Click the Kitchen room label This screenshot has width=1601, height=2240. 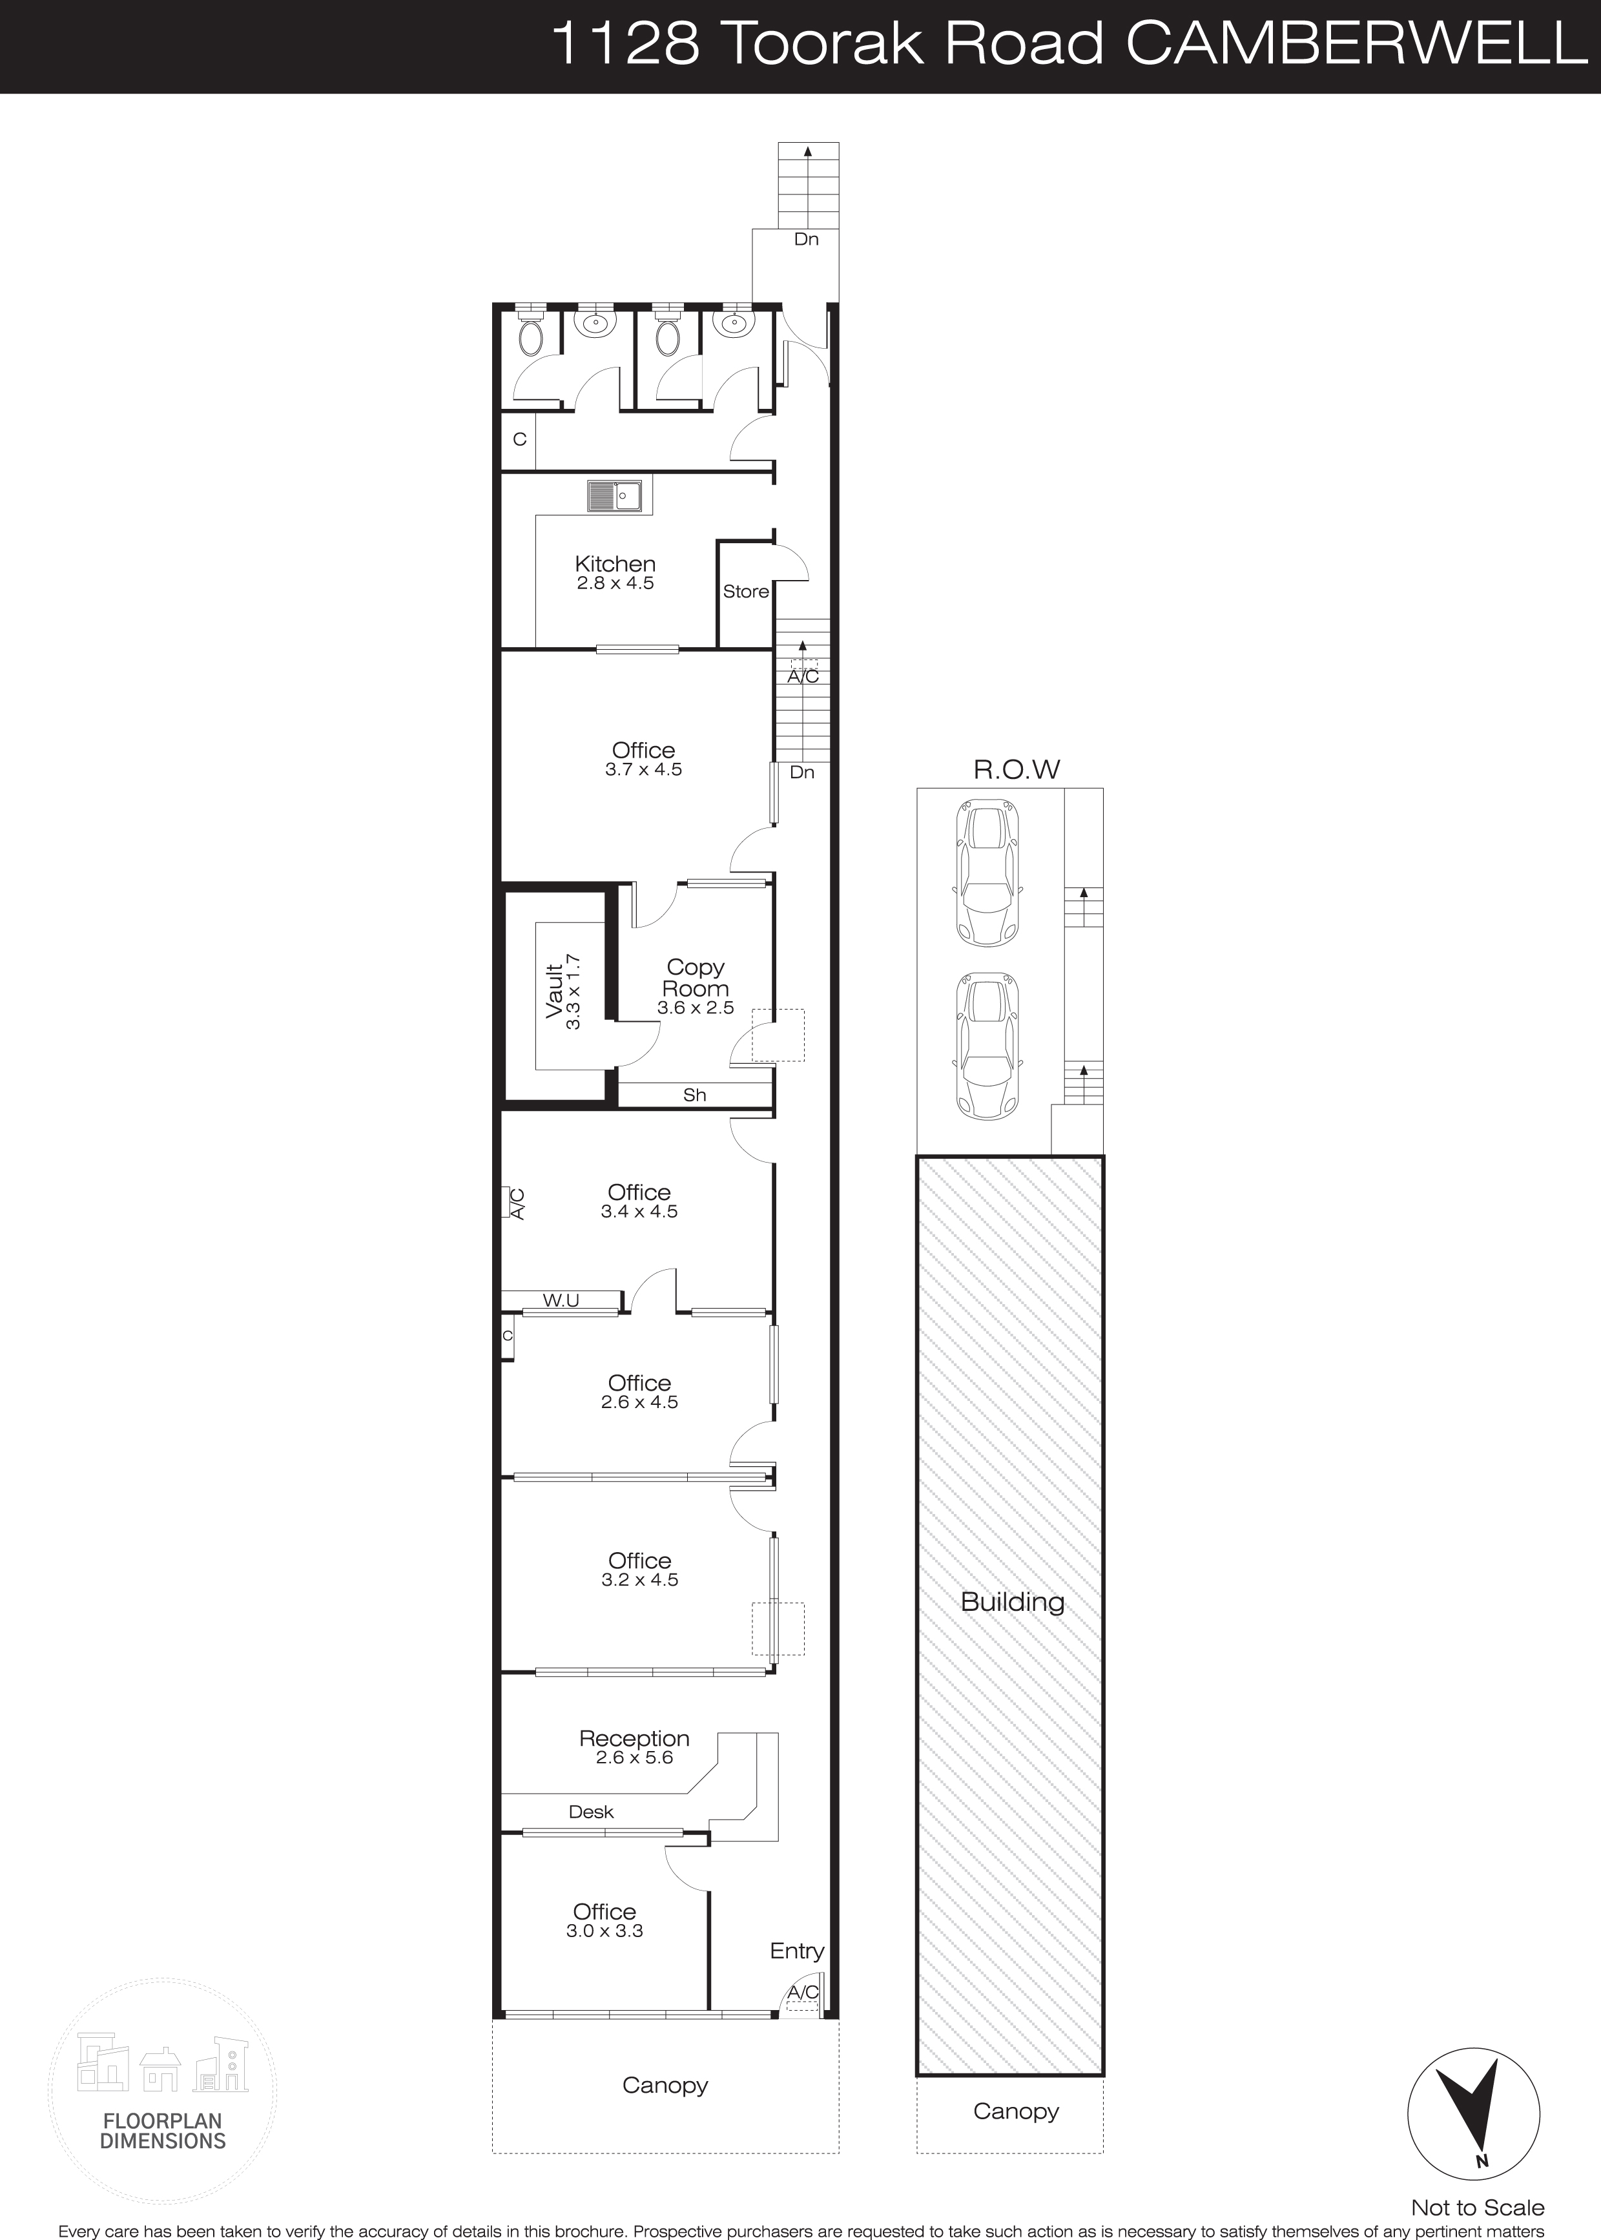pos(615,564)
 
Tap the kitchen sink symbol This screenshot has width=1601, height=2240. pos(615,496)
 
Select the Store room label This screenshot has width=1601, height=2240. pos(745,592)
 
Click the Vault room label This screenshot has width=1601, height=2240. pos(555,990)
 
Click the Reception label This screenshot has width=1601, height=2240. pos(634,1738)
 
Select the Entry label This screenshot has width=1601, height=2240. pos(796,1951)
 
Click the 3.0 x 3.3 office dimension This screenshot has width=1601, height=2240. pos(604,1931)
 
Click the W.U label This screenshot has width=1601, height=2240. pos(561,1300)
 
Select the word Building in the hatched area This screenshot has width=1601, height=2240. pos(1013,1602)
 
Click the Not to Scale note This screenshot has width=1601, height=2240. pos(1477,2201)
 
